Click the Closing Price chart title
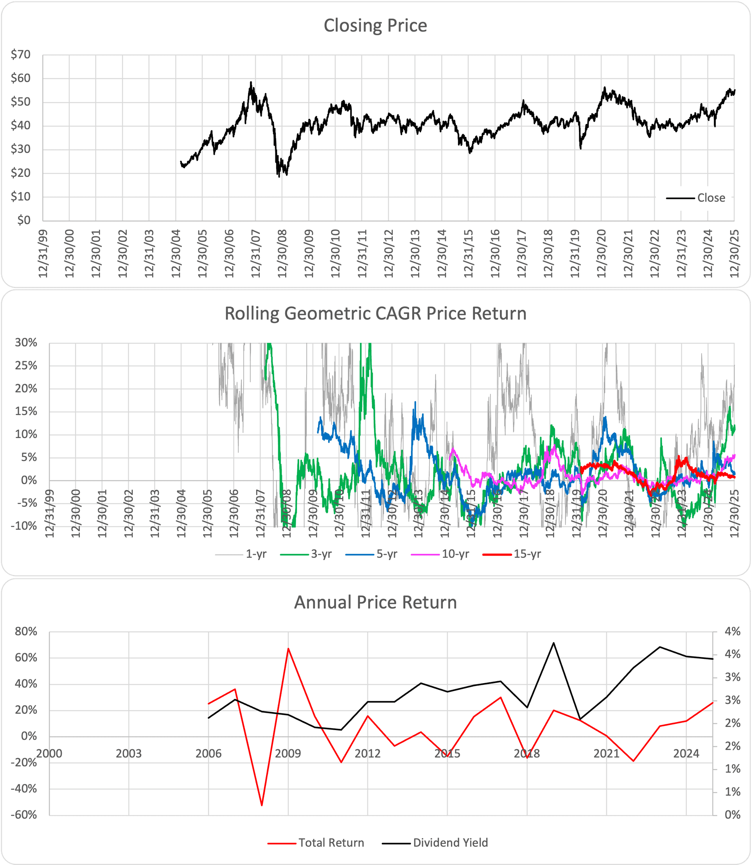click(375, 25)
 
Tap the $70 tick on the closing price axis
click(20, 54)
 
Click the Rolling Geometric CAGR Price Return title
click(375, 314)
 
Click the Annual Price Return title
click(375, 602)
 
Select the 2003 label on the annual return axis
click(129, 754)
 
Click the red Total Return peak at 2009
click(288, 648)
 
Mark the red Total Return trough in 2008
click(262, 805)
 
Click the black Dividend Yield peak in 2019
click(553, 642)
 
